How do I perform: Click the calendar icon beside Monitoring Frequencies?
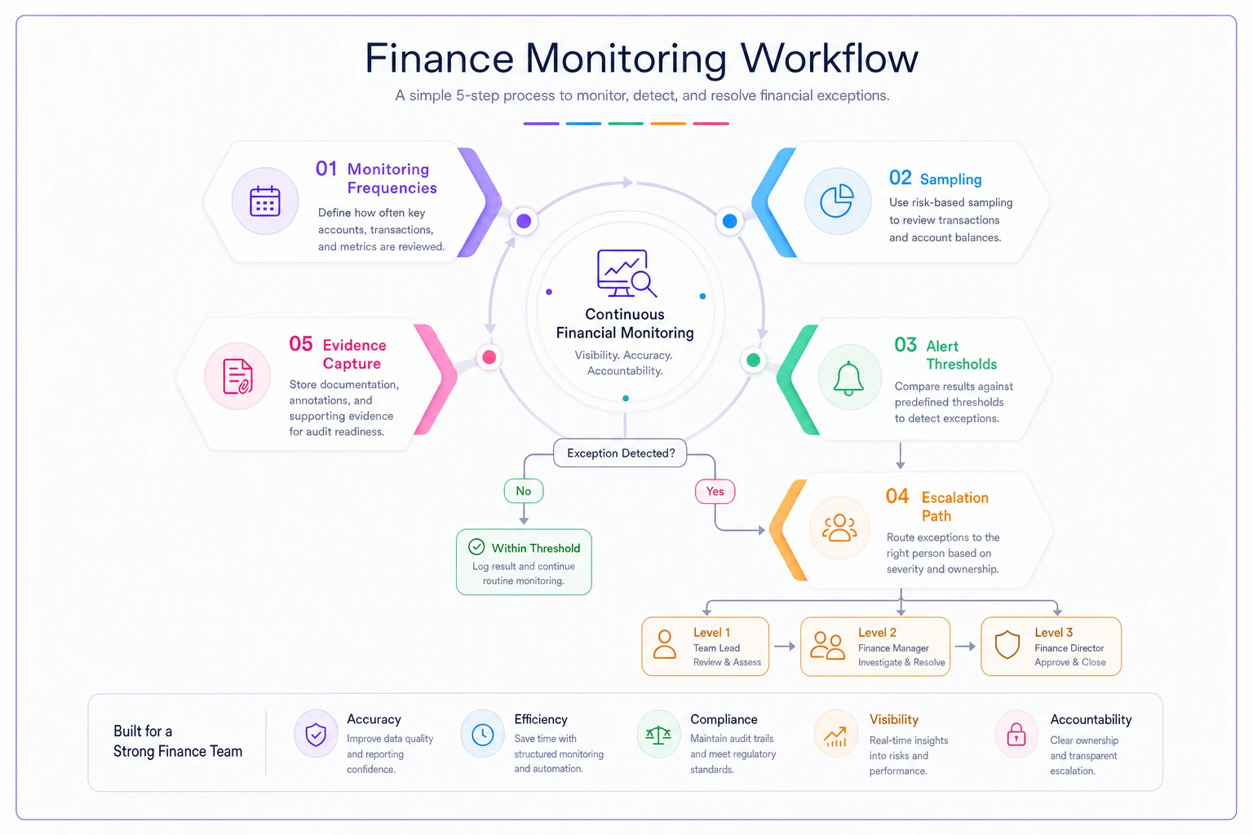[x=264, y=201]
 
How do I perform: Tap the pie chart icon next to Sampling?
[x=837, y=201]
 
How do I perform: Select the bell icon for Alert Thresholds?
[x=848, y=378]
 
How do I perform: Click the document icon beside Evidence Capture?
[x=237, y=377]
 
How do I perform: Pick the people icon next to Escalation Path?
[x=839, y=528]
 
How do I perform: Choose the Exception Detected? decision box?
[x=620, y=453]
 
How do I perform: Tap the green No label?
[x=524, y=491]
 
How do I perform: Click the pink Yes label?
[x=715, y=492]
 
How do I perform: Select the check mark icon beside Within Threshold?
[x=476, y=546]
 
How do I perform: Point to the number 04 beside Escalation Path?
[x=897, y=496]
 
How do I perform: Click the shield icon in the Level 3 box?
[x=1007, y=645]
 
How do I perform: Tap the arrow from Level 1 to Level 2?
[x=785, y=647]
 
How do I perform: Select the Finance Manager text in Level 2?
[x=893, y=648]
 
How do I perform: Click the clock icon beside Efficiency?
[x=483, y=735]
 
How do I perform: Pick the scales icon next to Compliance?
[x=658, y=735]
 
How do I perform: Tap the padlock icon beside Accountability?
[x=1016, y=735]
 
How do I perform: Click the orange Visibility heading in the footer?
[x=894, y=720]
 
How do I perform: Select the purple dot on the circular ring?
[x=524, y=221]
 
